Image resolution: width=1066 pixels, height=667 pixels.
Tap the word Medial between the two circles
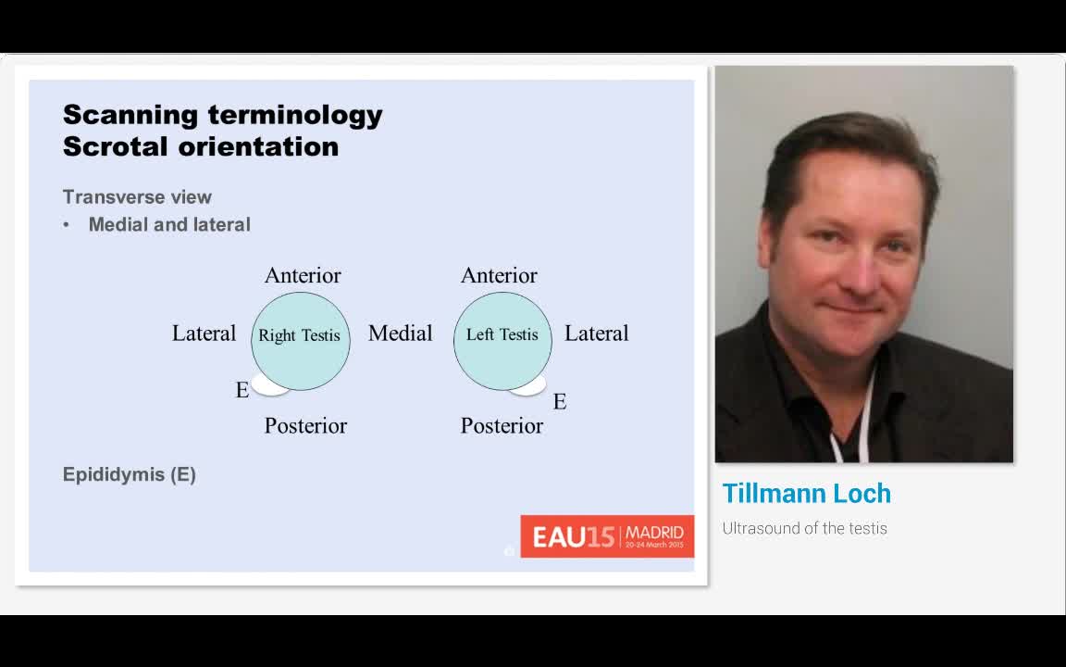(400, 333)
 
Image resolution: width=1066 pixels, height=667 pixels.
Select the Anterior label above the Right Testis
(303, 276)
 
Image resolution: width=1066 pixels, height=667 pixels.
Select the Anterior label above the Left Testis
(499, 276)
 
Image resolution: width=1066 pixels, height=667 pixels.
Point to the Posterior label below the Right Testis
(305, 426)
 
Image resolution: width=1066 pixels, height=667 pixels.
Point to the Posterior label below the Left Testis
(502, 426)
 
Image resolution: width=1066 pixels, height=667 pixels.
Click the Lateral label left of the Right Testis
(204, 333)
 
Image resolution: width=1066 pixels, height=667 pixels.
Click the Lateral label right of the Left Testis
(596, 333)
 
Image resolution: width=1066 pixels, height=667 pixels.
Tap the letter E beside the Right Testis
(242, 391)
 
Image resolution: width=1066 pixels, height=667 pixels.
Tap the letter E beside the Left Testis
(560, 402)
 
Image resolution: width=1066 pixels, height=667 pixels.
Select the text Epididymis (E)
(130, 474)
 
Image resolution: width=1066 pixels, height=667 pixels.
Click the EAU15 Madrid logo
(607, 536)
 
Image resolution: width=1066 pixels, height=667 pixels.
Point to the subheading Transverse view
(137, 197)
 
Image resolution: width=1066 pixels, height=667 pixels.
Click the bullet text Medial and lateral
(169, 225)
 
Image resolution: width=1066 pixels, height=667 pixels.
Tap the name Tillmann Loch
(806, 494)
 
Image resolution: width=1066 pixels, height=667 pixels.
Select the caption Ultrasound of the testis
(804, 529)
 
